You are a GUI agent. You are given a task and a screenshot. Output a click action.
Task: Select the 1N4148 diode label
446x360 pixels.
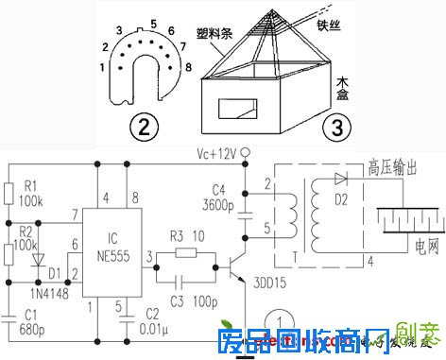click(26, 294)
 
